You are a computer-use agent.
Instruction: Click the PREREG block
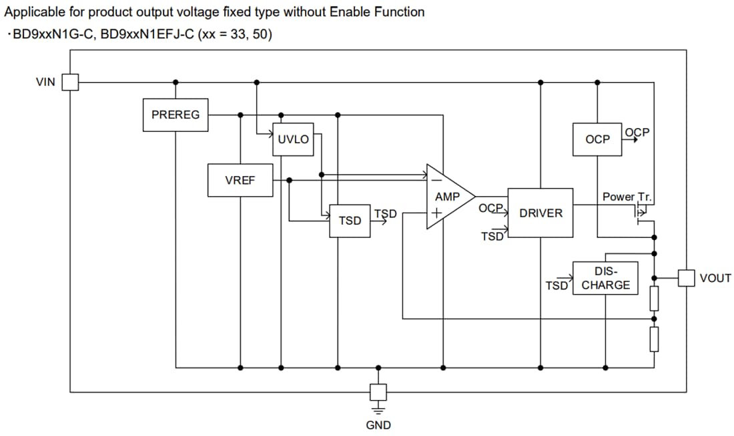click(175, 115)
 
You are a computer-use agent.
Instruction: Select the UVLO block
click(293, 139)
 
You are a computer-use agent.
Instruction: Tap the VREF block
click(240, 180)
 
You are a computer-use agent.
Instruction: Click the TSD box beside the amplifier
click(350, 221)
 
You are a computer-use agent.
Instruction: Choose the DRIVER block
click(540, 213)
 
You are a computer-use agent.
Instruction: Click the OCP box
click(597, 139)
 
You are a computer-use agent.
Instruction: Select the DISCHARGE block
click(605, 278)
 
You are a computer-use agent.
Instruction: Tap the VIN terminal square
click(70, 82)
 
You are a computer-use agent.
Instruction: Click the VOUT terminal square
click(687, 278)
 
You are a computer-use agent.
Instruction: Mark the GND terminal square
click(378, 391)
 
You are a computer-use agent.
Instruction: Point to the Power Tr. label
click(627, 197)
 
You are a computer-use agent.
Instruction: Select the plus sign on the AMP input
click(435, 214)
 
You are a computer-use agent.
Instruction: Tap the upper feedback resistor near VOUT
click(654, 298)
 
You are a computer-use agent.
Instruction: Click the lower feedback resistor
click(654, 339)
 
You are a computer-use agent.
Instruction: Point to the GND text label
click(378, 425)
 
